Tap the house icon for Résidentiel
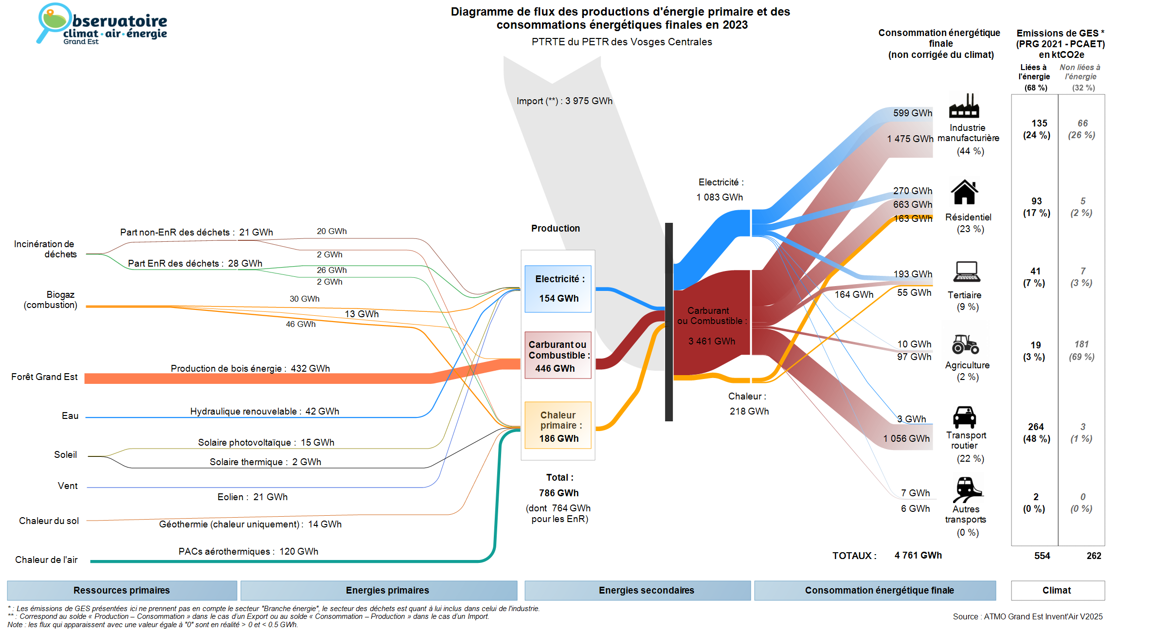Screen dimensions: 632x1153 964,192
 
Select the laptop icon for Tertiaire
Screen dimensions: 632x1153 966,271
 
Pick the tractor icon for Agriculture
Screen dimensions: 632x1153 965,344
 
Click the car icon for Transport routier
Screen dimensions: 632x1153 964,417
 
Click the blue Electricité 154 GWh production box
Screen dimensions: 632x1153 558,289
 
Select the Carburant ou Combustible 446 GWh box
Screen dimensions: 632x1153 558,355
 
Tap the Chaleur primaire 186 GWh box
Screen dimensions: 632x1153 558,425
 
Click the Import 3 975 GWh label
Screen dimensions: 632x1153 564,101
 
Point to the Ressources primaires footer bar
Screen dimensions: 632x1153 122,590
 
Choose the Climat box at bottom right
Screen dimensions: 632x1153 1057,590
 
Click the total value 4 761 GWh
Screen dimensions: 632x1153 918,555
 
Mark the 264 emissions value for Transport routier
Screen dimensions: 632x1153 1036,427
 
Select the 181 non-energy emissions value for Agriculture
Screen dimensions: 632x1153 1082,344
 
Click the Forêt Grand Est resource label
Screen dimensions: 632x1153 44,377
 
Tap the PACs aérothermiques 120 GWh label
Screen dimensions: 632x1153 248,551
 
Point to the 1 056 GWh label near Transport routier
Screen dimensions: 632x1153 906,438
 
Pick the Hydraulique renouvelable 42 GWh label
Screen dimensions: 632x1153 264,411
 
